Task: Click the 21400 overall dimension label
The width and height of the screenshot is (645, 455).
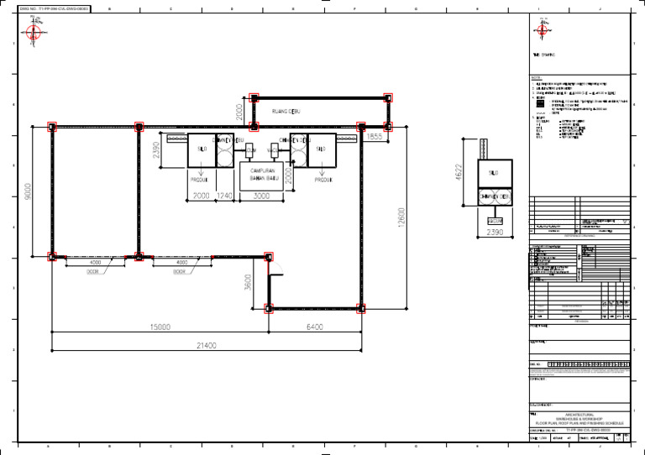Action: (x=206, y=345)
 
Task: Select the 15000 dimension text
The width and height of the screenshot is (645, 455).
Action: (x=160, y=327)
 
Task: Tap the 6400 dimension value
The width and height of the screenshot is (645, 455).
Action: (x=315, y=327)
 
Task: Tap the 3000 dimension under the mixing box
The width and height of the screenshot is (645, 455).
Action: (x=261, y=196)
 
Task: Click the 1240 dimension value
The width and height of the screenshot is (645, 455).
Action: (x=224, y=196)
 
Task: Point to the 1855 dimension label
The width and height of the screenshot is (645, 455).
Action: (x=374, y=136)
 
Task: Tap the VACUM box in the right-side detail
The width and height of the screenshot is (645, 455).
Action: (x=496, y=221)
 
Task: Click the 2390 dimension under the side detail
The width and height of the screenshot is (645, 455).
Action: (x=496, y=234)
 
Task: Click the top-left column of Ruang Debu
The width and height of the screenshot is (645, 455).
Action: (x=254, y=98)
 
